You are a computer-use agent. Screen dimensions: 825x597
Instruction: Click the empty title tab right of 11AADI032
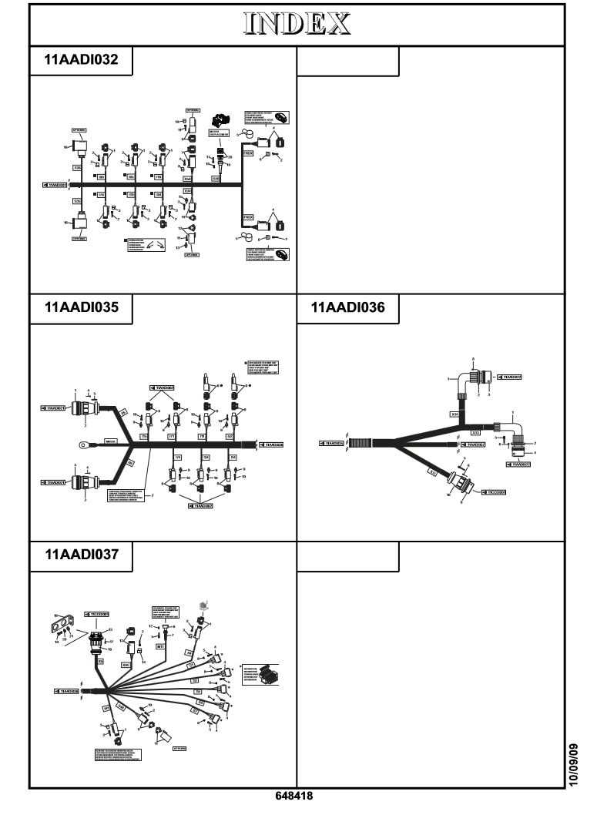348,62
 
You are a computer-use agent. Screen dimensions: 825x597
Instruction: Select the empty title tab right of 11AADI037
348,555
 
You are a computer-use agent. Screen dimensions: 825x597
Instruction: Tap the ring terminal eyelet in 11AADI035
79,443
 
